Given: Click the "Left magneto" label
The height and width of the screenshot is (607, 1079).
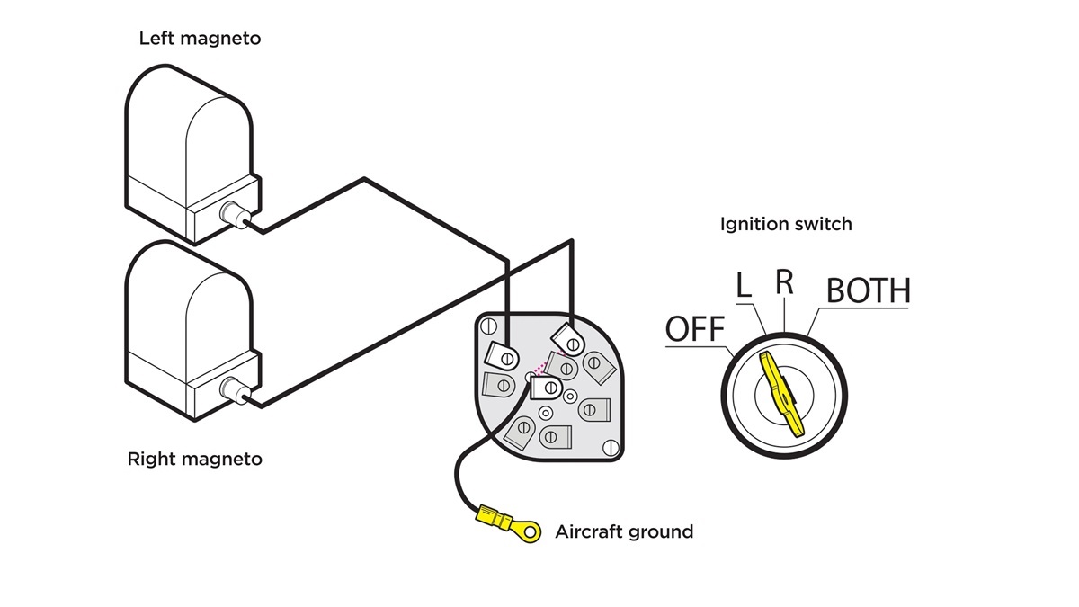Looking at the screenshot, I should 200,39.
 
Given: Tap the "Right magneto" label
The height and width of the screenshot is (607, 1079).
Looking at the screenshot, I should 194,460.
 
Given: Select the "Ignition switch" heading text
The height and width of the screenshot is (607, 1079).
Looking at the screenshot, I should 785,224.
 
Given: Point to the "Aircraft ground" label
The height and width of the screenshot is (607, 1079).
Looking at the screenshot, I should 624,531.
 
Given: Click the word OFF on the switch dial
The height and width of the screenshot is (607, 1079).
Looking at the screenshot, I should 694,329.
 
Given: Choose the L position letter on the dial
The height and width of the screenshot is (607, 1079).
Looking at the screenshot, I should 744,286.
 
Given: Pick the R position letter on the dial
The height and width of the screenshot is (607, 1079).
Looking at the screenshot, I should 784,281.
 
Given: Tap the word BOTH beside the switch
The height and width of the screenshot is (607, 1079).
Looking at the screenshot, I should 868,290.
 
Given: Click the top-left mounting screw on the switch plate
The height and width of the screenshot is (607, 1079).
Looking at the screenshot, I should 489,325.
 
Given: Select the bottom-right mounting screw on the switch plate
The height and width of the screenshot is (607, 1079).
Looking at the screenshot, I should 611,446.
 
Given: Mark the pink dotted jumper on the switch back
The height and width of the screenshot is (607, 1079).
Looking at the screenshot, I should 540,368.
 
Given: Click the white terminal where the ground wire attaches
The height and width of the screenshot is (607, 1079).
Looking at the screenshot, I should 546,388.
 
